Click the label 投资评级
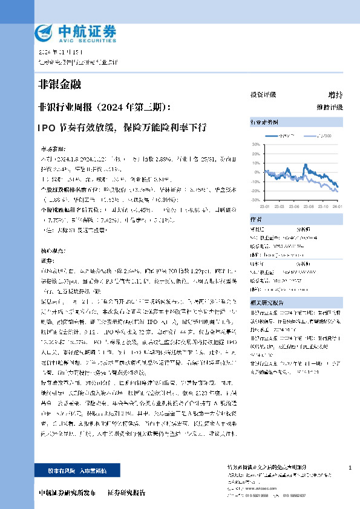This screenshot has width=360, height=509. (263, 95)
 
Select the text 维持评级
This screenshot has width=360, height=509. (329, 107)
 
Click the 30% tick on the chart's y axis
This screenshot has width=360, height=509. (255, 144)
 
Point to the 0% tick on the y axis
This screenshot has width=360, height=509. (257, 172)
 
